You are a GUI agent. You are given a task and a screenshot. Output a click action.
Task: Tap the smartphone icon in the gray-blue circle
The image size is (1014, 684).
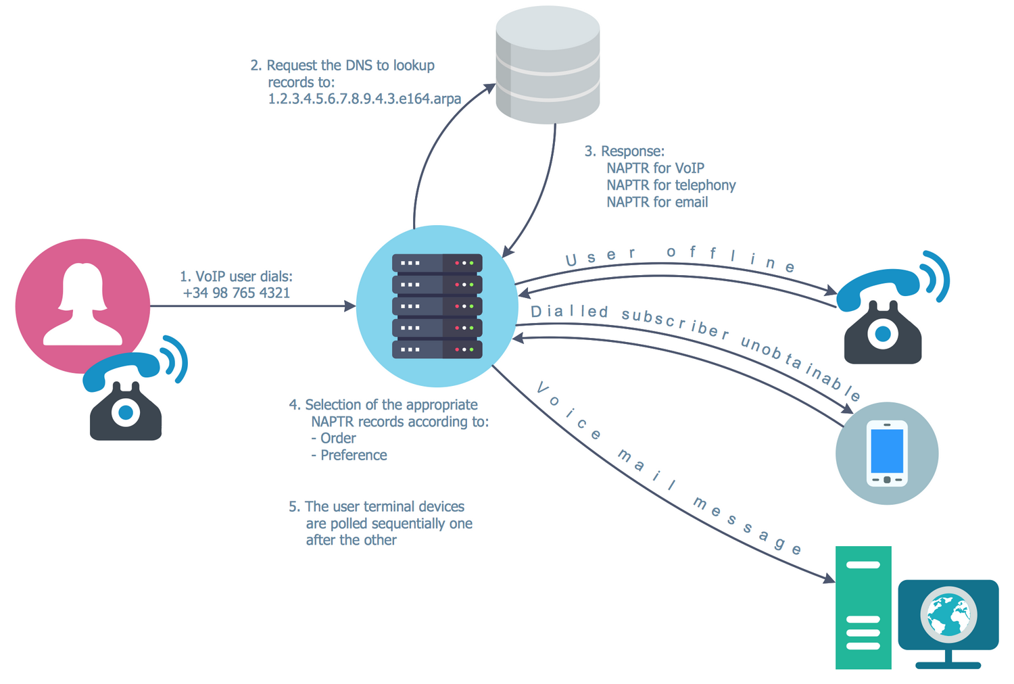point(887,453)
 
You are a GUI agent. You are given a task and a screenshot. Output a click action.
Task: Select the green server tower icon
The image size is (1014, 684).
point(863,607)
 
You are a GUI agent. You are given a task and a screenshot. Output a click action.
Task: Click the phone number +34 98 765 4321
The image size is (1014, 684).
point(236,293)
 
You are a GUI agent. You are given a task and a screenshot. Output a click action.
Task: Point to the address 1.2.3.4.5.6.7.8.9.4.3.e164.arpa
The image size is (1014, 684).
point(364,99)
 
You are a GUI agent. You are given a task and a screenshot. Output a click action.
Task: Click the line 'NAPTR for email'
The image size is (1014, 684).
point(656,202)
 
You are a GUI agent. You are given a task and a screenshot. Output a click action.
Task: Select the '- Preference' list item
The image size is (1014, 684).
point(349,456)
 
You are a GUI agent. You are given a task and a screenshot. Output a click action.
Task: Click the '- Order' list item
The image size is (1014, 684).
point(333,439)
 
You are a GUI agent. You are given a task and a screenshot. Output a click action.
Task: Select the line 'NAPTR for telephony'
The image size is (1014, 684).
point(671,185)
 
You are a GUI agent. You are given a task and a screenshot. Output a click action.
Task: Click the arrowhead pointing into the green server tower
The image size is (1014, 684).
point(829,579)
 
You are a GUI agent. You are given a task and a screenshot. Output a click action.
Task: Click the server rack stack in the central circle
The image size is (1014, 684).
point(437,306)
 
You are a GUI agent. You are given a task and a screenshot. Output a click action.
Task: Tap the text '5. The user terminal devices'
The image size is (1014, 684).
point(377,507)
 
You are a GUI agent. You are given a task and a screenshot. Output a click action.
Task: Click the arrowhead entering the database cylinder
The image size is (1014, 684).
point(489,88)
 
